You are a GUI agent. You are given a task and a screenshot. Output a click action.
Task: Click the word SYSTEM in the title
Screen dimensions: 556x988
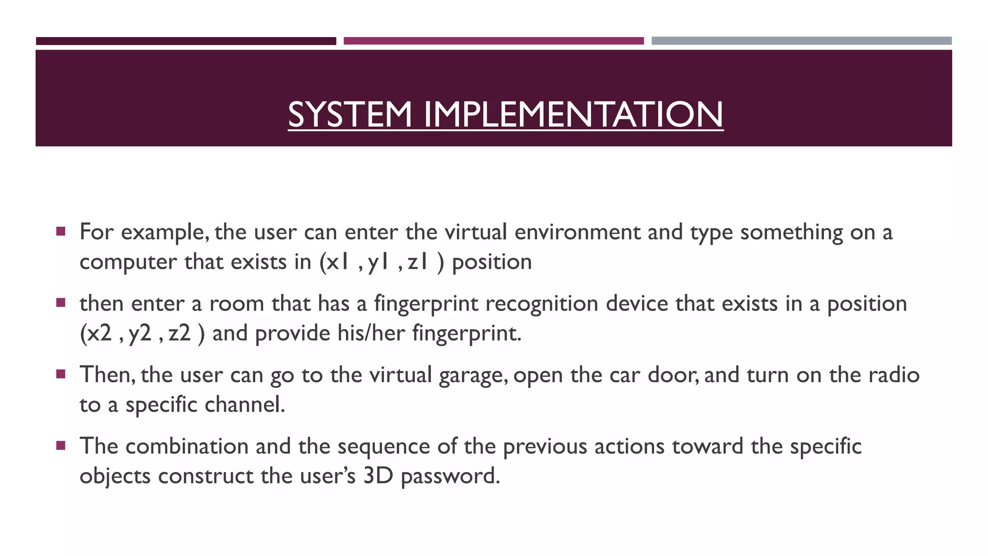[x=350, y=114]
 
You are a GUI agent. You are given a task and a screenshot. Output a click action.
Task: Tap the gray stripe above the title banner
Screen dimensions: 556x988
[x=801, y=41]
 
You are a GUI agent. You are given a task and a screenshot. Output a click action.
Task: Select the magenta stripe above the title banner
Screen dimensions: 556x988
[x=494, y=41]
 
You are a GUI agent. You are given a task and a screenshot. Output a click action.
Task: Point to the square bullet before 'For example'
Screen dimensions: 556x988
[x=60, y=231]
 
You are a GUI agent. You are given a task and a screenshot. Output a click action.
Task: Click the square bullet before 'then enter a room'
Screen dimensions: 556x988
[x=60, y=303]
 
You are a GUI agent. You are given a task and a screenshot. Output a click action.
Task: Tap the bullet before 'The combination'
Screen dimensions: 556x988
[x=60, y=445]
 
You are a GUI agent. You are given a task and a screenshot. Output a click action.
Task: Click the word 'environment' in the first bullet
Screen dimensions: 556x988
[x=577, y=232]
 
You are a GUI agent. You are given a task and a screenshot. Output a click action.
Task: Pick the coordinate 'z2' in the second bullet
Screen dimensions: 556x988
[x=179, y=333]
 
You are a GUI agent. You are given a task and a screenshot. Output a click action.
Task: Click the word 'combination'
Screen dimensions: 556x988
[x=187, y=446]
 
